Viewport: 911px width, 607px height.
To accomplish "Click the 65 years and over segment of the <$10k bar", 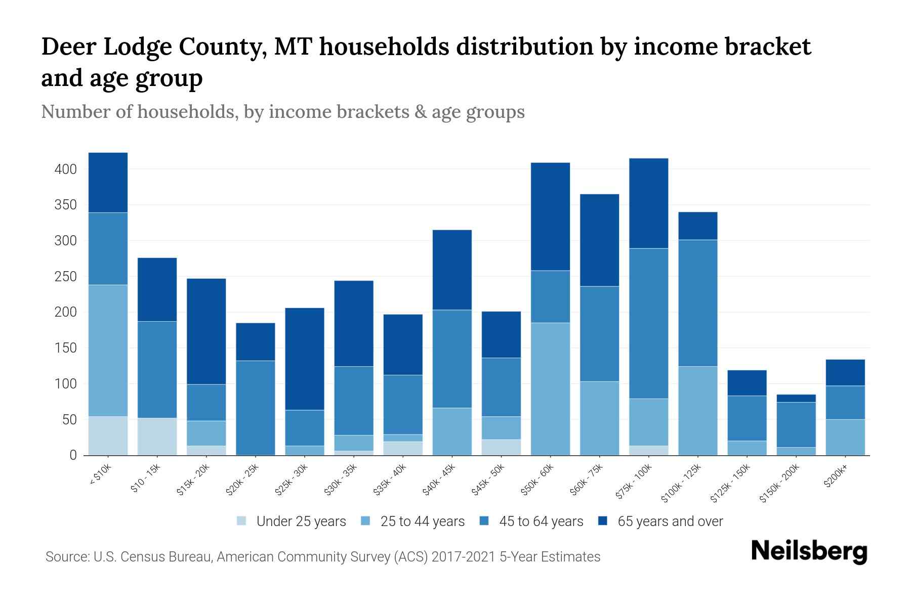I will click(x=108, y=183).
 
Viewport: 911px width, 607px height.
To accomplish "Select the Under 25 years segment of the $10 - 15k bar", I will click(x=157, y=437).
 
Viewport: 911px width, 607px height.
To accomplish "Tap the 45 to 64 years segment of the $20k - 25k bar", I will click(x=256, y=408).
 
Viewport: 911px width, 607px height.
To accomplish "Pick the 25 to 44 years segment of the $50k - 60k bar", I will click(x=550, y=389).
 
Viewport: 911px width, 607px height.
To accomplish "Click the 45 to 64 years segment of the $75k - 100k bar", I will click(x=648, y=323).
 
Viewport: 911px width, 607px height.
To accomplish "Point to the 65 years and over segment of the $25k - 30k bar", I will click(x=305, y=359).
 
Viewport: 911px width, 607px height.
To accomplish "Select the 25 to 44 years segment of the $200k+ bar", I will click(x=845, y=437).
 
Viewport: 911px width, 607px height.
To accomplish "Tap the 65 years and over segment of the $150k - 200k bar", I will click(x=796, y=398).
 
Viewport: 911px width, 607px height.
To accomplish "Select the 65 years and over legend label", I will click(x=670, y=522).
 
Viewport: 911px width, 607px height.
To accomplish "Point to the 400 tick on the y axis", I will click(x=66, y=169).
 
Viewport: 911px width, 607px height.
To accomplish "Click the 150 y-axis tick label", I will click(x=66, y=348).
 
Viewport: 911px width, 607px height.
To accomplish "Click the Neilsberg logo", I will click(x=809, y=551).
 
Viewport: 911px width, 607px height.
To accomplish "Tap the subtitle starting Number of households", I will click(x=282, y=111).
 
